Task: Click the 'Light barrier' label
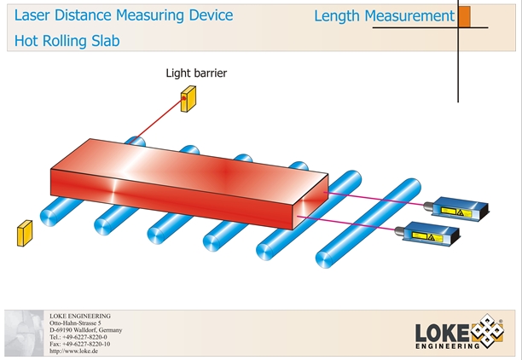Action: (x=196, y=73)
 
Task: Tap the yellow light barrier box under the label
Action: (x=188, y=101)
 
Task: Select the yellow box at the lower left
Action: (x=23, y=232)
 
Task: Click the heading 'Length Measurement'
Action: (x=384, y=15)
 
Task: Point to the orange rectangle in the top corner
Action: (x=465, y=16)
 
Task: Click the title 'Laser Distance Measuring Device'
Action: (x=124, y=15)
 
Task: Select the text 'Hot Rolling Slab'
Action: (x=67, y=40)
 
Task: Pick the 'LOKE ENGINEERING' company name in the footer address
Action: (x=80, y=316)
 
